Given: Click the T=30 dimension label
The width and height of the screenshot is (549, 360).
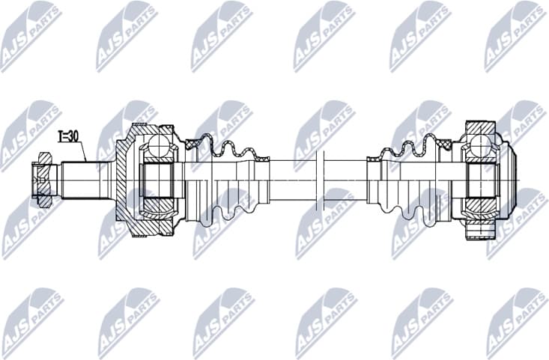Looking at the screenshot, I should pyautogui.click(x=69, y=136).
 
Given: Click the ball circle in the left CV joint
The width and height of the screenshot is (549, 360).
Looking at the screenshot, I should pyautogui.click(x=160, y=145).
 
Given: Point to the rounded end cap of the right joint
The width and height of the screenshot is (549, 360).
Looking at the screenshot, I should pyautogui.click(x=512, y=180).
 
